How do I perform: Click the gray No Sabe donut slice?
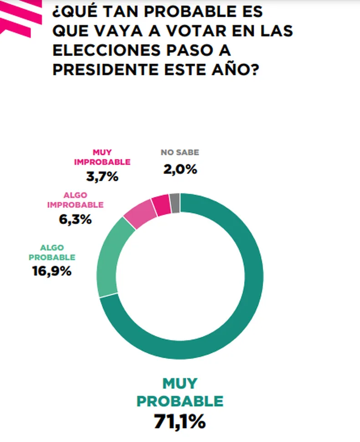point(175,203)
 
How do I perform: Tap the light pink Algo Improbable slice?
point(141,213)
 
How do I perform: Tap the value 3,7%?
point(102,177)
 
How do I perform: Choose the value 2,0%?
point(180,170)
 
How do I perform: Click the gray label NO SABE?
point(180,153)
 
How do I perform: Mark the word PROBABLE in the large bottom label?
point(180,401)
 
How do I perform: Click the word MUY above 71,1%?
point(180,383)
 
